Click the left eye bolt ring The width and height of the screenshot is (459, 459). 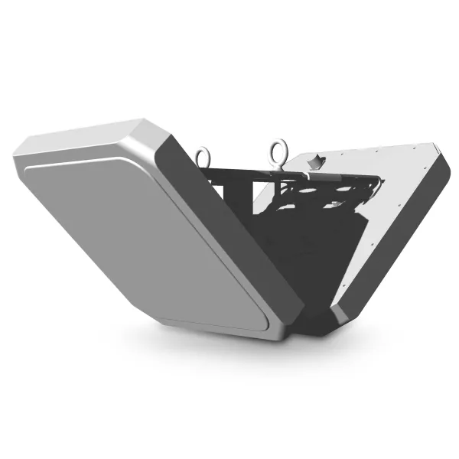(203, 156)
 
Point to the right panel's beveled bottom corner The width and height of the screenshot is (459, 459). (344, 310)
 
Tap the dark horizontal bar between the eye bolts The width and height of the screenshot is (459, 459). (237, 171)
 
